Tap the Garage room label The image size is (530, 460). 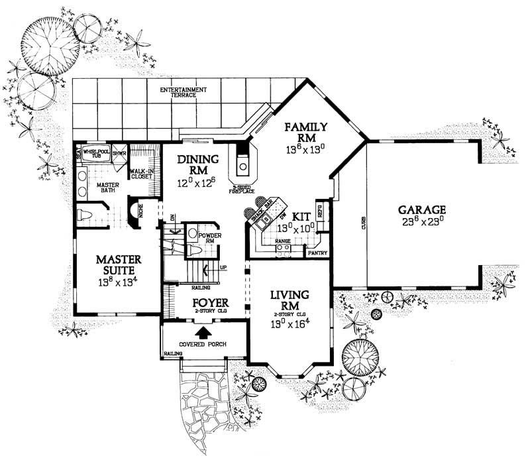coord(422,207)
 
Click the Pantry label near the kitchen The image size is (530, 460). coord(313,253)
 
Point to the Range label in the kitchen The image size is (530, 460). coord(284,241)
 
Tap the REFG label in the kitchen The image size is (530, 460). coord(320,212)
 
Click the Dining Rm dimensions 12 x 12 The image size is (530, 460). coord(194,180)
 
